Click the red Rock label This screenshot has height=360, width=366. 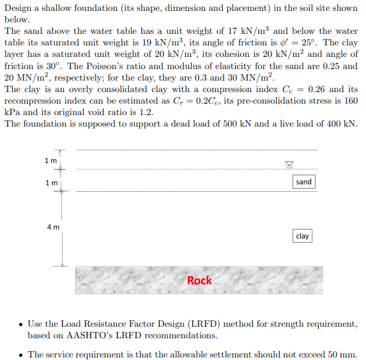coord(199,280)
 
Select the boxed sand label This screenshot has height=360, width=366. coord(303,182)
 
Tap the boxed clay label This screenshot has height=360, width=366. coord(302,236)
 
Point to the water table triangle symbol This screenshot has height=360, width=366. coord(289,164)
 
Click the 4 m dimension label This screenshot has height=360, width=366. coord(53,226)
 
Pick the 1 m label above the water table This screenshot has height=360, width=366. coord(50,160)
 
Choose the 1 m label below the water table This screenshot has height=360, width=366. coord(50,184)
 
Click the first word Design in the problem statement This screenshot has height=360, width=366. coord(19,8)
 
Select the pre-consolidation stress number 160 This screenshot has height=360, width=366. coord(350,100)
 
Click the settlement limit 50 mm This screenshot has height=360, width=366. coord(343,354)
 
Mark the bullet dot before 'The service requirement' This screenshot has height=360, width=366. coord(21,354)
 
